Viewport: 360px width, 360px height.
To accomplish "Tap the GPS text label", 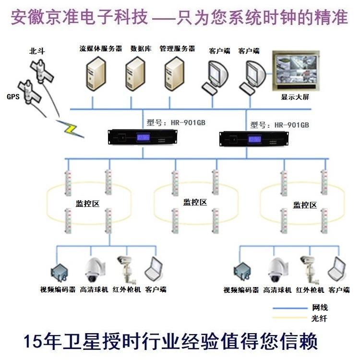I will point(13,96).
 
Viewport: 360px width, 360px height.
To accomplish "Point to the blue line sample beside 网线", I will point(289,308).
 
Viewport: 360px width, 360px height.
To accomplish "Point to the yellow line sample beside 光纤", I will point(289,318).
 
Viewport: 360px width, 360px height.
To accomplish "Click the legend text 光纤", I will point(319,318).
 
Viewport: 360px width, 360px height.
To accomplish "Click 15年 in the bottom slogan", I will point(36,341).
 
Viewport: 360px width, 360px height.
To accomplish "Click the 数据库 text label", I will point(141,48).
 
